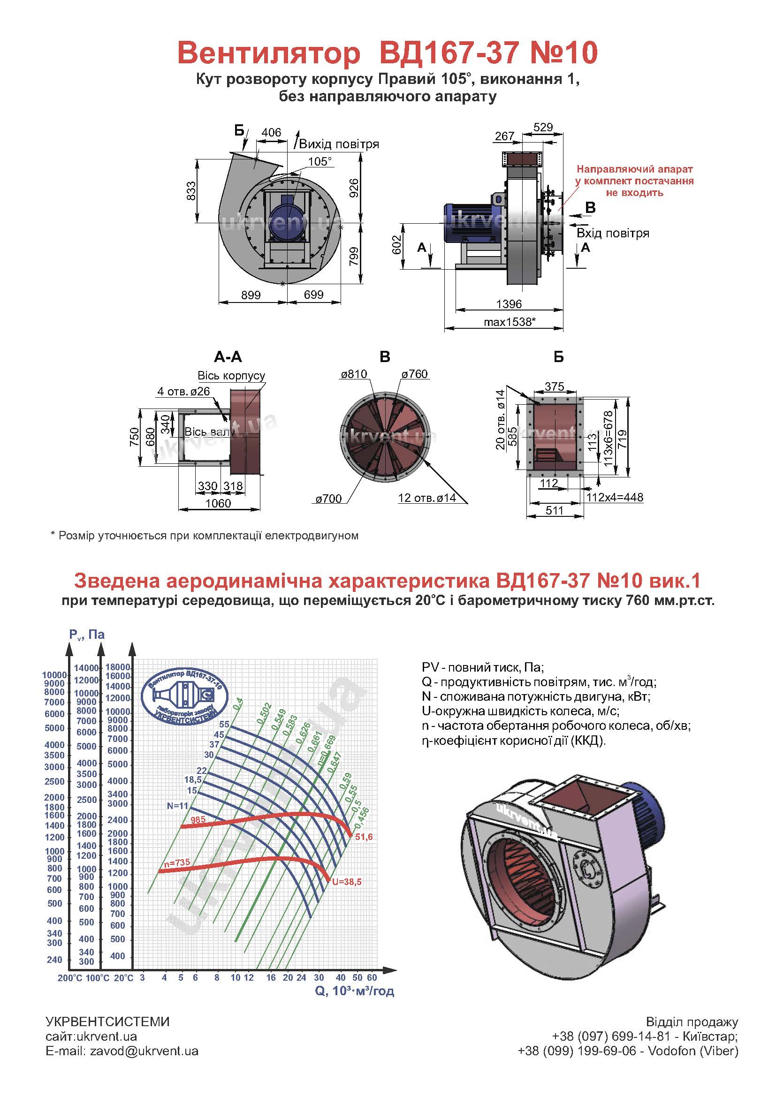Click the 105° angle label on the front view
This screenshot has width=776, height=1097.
320,161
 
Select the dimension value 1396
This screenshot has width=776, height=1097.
509,304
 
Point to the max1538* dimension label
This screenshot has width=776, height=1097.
509,322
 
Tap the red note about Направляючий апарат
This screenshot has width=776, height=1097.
635,181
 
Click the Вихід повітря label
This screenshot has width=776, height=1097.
339,144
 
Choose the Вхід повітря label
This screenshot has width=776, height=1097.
613,233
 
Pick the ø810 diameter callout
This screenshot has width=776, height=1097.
354,374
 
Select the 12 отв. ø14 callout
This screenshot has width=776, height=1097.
426,499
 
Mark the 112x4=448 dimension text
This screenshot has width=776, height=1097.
615,497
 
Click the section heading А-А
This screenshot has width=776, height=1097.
228,357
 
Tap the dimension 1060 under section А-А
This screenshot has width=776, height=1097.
218,503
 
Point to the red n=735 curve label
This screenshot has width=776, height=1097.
177,863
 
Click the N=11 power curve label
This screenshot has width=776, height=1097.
178,806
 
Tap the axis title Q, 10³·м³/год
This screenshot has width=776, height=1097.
354,991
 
